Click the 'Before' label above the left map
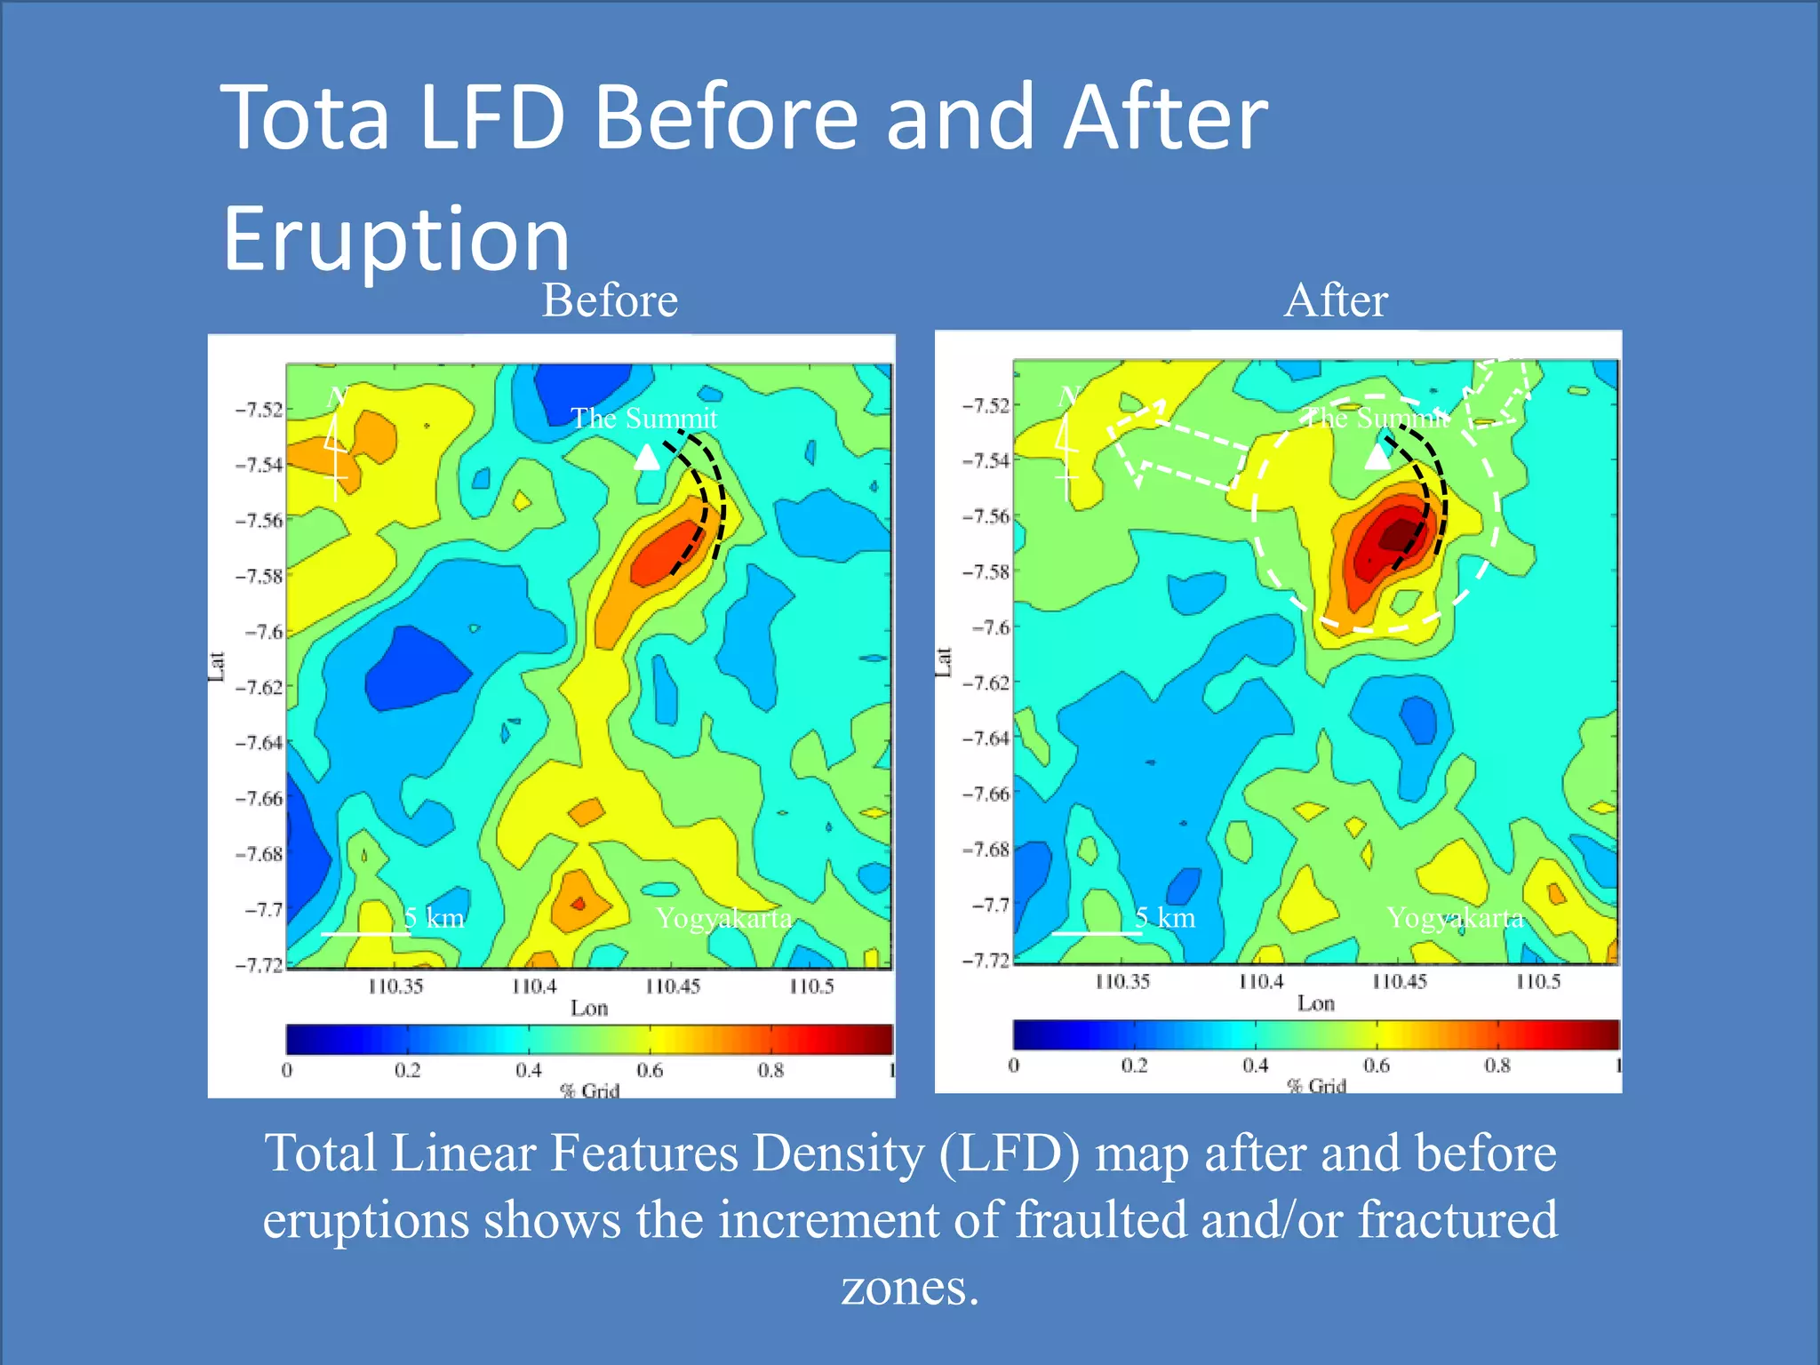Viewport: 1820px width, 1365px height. pos(610,300)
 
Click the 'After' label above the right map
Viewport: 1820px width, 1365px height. pos(1335,300)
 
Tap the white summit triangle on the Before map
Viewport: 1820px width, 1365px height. pos(647,457)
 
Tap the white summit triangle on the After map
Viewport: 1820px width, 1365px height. pos(1377,456)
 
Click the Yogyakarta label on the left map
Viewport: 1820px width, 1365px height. pos(723,917)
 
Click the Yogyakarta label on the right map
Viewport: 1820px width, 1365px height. pos(1455,917)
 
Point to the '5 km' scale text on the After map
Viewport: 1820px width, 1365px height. pos(1165,917)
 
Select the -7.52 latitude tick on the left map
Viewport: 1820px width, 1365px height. pos(259,410)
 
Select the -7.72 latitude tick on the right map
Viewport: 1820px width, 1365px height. pos(986,961)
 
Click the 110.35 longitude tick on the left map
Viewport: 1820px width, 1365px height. pos(395,986)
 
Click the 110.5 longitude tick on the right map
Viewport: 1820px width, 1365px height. pos(1537,982)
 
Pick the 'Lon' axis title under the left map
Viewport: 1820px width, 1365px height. pos(589,1008)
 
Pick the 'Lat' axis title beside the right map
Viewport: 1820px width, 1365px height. pos(944,662)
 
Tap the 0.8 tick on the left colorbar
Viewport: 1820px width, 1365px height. pos(770,1070)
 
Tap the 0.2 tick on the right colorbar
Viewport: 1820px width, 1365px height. pos(1134,1065)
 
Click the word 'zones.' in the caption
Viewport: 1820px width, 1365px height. pos(909,1287)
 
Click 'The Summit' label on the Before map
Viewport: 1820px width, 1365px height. pos(643,418)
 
